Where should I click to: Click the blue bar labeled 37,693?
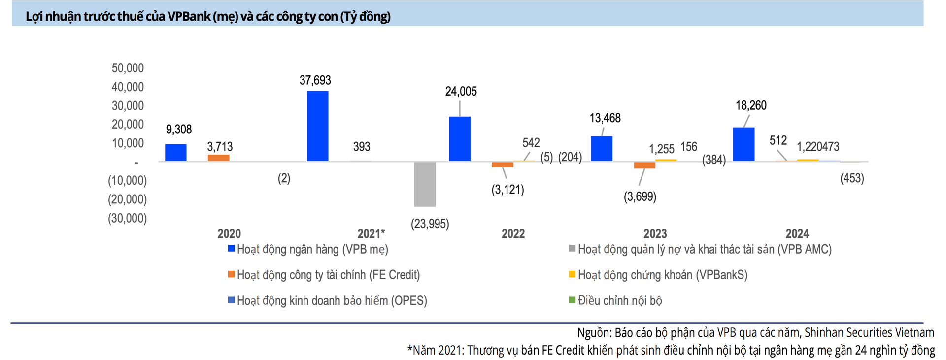(x=317, y=126)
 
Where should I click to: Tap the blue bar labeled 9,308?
(x=175, y=153)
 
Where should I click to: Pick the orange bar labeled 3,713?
(x=218, y=158)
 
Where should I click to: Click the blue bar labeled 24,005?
(x=460, y=139)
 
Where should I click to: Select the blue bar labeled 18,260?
(x=743, y=144)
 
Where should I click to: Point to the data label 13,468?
(x=605, y=118)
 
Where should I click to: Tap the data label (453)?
(x=852, y=178)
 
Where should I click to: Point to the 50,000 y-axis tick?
(x=128, y=68)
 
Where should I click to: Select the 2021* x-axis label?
(x=371, y=233)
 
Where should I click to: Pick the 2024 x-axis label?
(x=797, y=233)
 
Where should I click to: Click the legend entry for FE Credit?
(x=324, y=275)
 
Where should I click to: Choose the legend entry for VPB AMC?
(x=700, y=249)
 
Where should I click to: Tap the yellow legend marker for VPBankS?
(x=572, y=274)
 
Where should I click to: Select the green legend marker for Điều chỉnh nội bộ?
(x=572, y=299)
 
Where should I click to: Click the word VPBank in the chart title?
(x=189, y=17)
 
